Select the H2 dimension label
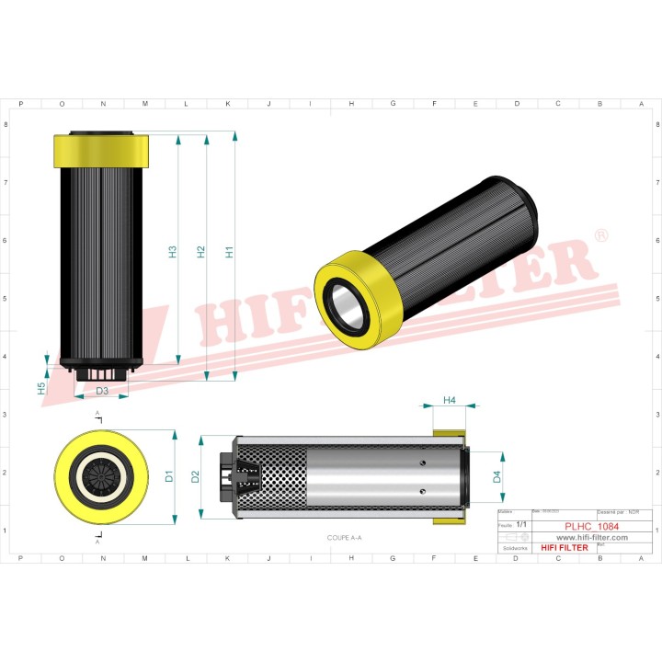pos(200,251)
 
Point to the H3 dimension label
pos(173,251)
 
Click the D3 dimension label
pos(102,392)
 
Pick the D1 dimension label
pos(169,476)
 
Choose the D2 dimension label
pos(195,476)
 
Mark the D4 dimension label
pos(497,476)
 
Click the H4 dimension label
pos(449,400)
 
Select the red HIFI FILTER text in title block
pos(564,548)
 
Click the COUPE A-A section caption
pos(345,536)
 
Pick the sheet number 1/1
pos(521,523)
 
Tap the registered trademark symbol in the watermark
pos(601,236)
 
